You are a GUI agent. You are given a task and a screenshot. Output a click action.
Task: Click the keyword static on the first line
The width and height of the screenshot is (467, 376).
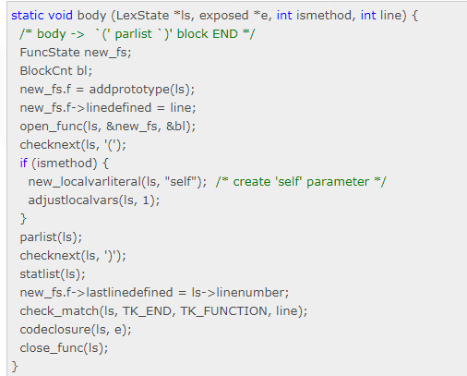[27, 16]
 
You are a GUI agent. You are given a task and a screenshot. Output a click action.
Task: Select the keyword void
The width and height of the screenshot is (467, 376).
[60, 16]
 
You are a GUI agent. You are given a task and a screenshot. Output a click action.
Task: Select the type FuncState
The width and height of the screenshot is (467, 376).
[50, 53]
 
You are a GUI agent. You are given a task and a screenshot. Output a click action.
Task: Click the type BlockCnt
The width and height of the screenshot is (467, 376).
[46, 71]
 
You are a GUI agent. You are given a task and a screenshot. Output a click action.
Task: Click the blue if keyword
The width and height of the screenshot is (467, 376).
[24, 164]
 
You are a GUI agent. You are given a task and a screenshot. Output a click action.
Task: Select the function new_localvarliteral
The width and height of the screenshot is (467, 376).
[85, 182]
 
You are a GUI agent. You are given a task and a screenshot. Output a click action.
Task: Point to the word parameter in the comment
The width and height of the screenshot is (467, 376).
[338, 182]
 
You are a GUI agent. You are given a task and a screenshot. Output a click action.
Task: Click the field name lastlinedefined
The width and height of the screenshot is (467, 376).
[129, 293]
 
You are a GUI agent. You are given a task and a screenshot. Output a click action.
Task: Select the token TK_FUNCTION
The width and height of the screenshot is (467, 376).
[223, 311]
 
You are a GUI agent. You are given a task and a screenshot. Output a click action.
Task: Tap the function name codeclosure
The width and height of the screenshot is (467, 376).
[55, 330]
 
